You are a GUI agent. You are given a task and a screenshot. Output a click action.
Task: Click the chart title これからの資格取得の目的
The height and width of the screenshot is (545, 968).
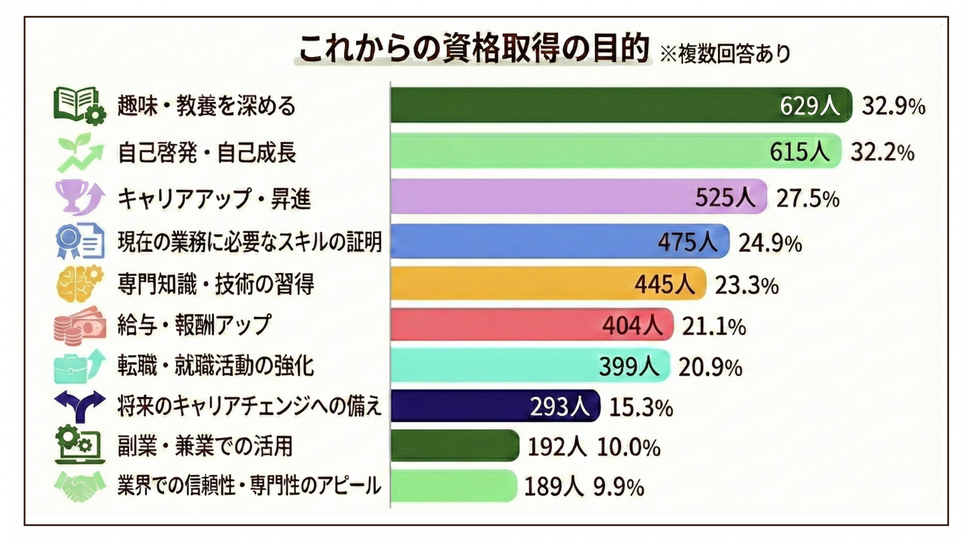[474, 48]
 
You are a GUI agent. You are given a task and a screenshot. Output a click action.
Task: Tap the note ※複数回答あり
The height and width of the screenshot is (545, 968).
[725, 54]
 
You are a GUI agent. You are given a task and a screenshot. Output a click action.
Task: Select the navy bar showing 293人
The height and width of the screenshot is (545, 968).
[457, 406]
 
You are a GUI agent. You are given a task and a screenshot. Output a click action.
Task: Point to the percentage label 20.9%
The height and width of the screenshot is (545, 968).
[711, 367]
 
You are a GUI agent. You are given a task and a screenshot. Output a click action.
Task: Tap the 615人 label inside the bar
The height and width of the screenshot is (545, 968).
[800, 152]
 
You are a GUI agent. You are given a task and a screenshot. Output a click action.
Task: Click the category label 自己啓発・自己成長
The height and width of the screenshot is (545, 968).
[206, 153]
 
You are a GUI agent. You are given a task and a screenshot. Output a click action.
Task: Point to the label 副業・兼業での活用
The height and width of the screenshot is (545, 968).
[205, 446]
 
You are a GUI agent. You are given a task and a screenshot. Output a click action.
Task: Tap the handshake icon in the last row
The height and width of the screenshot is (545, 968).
[79, 486]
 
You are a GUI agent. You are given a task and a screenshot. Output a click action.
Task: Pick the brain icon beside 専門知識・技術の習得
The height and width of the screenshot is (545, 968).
[79, 283]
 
